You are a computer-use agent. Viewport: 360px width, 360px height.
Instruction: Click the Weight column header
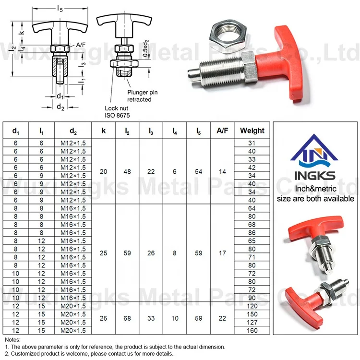(252, 130)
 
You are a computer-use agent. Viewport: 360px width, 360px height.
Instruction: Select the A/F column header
(222, 130)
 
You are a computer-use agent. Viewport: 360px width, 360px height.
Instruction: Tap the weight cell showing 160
(252, 330)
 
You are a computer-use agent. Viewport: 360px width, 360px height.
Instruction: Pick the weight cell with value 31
(252, 143)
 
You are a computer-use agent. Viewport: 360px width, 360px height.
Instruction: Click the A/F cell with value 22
(222, 318)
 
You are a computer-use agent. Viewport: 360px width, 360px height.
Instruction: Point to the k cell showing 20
(103, 171)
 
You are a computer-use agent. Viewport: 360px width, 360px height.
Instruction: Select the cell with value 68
(127, 318)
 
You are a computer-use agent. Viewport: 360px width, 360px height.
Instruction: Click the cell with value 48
(127, 171)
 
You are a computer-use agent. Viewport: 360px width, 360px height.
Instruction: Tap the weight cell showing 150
(252, 314)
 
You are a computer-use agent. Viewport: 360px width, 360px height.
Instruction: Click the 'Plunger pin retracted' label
(139, 96)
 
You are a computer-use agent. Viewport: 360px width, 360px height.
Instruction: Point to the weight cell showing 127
(252, 322)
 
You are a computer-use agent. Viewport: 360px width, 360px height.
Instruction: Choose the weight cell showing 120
(252, 306)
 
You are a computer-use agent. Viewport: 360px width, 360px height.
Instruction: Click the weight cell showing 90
(252, 298)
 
